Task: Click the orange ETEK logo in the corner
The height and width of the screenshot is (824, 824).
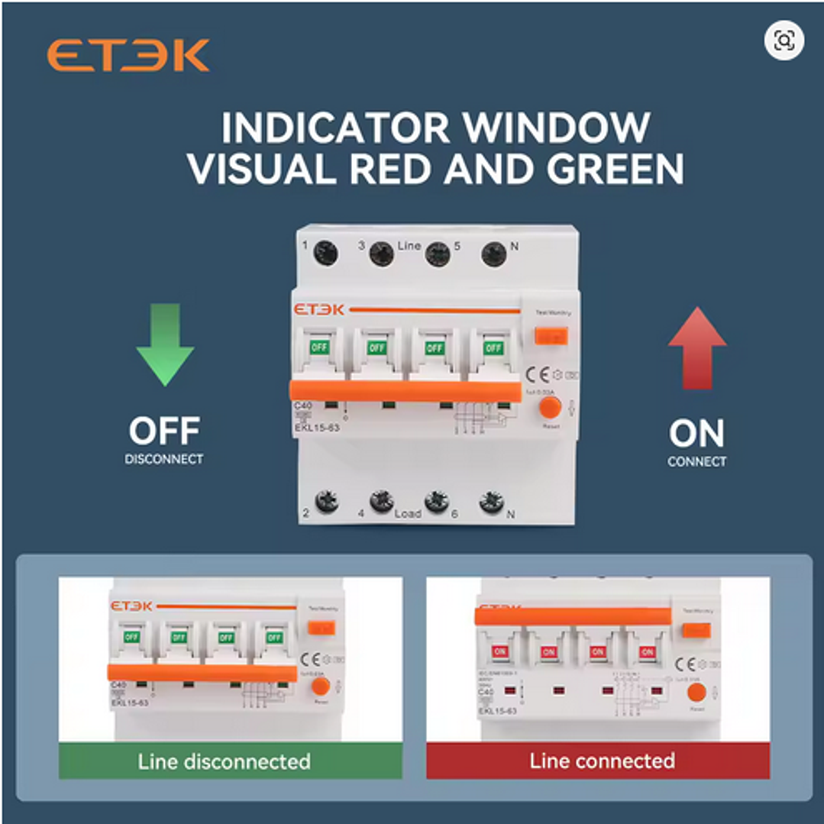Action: pyautogui.click(x=128, y=56)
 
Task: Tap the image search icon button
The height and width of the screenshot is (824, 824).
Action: pyautogui.click(x=784, y=40)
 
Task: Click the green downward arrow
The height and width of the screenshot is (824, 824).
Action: pyautogui.click(x=165, y=344)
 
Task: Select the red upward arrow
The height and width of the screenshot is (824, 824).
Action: pyautogui.click(x=696, y=347)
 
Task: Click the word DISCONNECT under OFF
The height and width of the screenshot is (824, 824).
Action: pyautogui.click(x=164, y=459)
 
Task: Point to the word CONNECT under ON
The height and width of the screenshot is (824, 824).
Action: pyautogui.click(x=696, y=461)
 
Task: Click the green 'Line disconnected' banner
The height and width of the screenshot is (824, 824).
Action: pyautogui.click(x=230, y=761)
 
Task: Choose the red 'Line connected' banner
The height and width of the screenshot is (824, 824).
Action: pyautogui.click(x=598, y=761)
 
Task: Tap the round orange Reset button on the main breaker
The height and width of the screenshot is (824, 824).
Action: pyautogui.click(x=550, y=407)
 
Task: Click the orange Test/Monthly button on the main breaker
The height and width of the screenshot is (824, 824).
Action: pyautogui.click(x=551, y=336)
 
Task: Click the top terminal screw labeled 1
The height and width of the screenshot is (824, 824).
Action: pyautogui.click(x=326, y=253)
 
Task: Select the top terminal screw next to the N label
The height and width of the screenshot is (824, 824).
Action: pyautogui.click(x=494, y=253)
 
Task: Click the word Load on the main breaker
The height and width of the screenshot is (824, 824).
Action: pyautogui.click(x=408, y=513)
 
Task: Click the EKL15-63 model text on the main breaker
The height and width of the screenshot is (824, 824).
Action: pyautogui.click(x=317, y=428)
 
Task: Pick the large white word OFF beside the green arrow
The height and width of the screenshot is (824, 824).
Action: pyautogui.click(x=164, y=432)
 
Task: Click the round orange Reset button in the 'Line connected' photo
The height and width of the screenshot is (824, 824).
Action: pyautogui.click(x=696, y=693)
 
